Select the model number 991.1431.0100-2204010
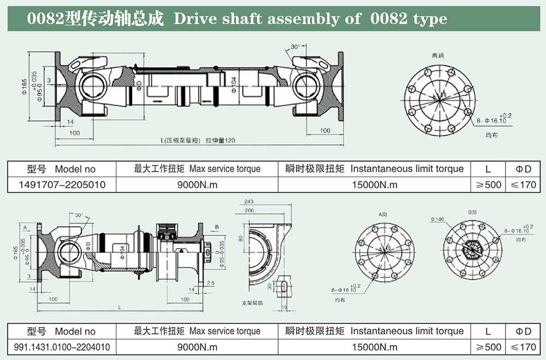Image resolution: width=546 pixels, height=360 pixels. pyautogui.click(x=61, y=347)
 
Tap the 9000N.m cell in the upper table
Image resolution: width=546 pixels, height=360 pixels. pyautogui.click(x=197, y=185)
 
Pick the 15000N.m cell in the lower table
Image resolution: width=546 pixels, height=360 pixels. pyautogui.click(x=375, y=347)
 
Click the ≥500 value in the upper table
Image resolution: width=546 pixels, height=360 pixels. pyautogui.click(x=488, y=185)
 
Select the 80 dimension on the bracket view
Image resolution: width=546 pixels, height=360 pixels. pyautogui.click(x=240, y=238)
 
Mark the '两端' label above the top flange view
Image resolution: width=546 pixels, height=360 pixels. pyautogui.click(x=438, y=56)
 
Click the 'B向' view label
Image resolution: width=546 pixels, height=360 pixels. pyautogui.click(x=472, y=211)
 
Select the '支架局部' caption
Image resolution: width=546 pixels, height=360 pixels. pyautogui.click(x=252, y=302)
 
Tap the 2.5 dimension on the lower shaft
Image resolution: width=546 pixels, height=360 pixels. pyautogui.click(x=211, y=283)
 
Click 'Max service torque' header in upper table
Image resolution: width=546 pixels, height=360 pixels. pyautogui.click(x=225, y=169)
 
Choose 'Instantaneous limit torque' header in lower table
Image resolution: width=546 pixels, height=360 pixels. pyautogui.click(x=407, y=331)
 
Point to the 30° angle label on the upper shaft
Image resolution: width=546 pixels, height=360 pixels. pyautogui.click(x=296, y=47)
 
